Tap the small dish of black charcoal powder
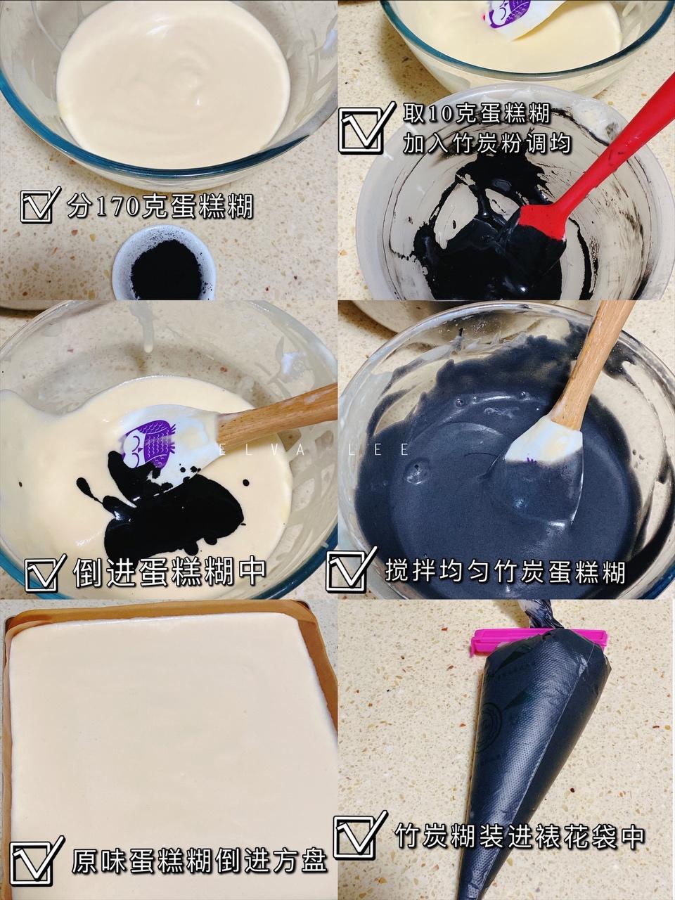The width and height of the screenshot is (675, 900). pos(164,263)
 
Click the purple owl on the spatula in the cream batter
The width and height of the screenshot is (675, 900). pos(150,441)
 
